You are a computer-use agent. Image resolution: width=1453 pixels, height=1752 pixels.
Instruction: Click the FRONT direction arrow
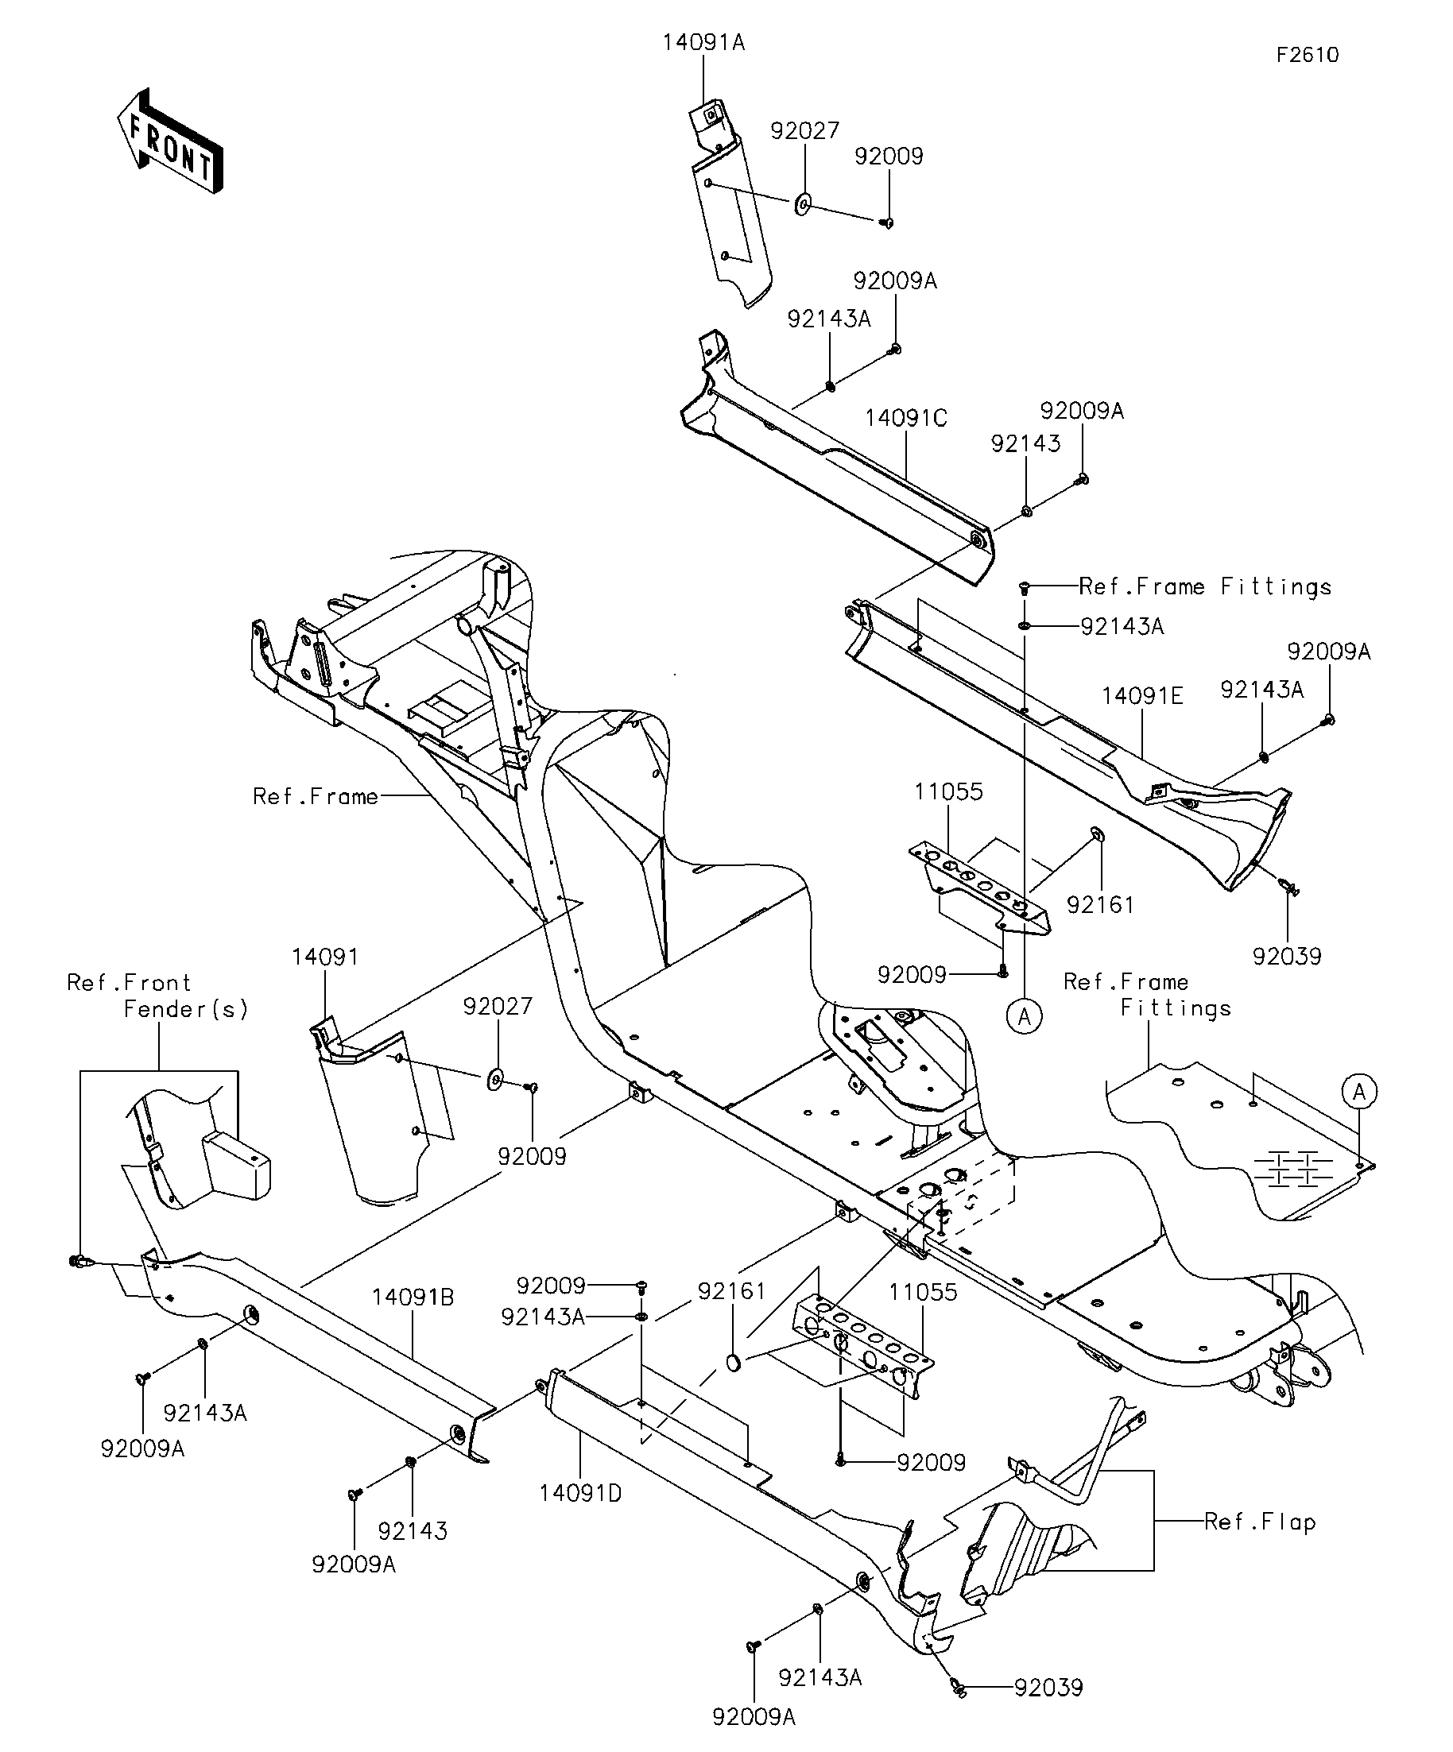point(169,141)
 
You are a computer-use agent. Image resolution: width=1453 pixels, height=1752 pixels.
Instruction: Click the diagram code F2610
point(1307,55)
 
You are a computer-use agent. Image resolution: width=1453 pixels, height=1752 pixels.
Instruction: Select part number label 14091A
point(703,43)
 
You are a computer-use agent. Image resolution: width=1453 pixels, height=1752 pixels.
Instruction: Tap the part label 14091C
point(905,418)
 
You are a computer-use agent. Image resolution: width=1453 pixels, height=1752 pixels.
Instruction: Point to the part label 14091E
point(1141,696)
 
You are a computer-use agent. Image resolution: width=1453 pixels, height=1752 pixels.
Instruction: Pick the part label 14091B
point(413,1298)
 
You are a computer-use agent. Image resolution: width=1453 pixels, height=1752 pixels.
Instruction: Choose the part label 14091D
point(580,1494)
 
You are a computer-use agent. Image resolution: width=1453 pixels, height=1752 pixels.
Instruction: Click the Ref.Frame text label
point(316,797)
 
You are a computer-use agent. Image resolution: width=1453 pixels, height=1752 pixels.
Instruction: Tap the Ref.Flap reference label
point(1259,1522)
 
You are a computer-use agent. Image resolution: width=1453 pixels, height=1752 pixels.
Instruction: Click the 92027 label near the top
point(804,131)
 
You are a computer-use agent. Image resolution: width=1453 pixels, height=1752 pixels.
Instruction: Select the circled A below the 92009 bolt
point(1025,1016)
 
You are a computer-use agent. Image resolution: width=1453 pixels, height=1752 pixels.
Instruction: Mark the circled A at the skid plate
point(1358,1091)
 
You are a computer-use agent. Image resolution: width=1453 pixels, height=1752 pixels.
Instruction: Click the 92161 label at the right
point(1100,904)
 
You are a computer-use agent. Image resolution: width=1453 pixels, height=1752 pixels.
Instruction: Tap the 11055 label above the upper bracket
point(948,791)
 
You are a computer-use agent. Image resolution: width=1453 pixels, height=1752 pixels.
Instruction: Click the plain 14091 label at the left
point(324,957)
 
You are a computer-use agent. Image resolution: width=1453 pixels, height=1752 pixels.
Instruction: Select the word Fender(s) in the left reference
point(185,1009)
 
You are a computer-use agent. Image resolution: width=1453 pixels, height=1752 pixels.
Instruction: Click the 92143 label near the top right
point(1025,444)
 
